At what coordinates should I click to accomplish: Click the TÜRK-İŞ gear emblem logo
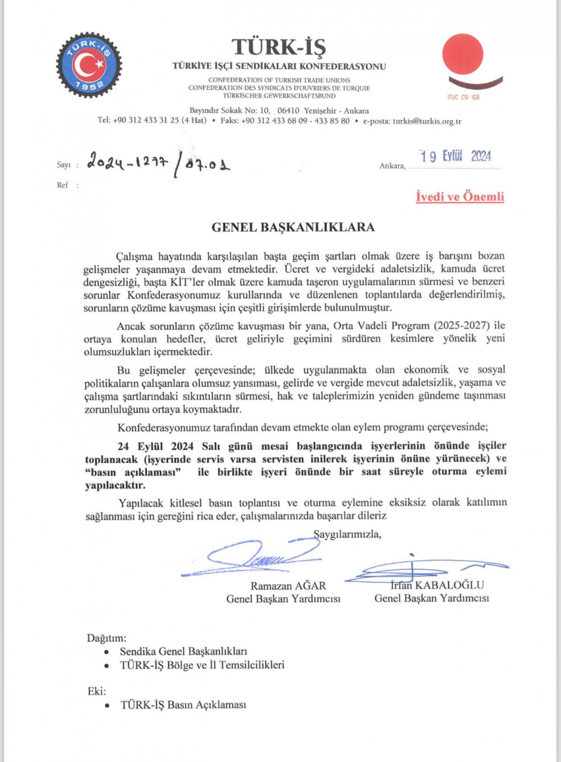pos(89,65)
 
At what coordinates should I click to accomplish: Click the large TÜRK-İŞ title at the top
pos(279,47)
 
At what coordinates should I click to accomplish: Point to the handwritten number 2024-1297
pos(127,163)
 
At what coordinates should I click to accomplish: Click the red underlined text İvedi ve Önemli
pos(459,197)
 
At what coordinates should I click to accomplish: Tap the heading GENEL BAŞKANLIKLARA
pos(293,227)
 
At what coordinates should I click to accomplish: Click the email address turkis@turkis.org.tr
pos(426,121)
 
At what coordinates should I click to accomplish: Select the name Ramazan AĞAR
pos(288,586)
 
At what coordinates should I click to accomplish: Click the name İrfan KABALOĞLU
pos(438,585)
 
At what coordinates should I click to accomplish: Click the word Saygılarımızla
pos(347,534)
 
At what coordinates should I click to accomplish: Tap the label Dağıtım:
pos(107,638)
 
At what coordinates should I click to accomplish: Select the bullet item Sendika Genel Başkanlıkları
pos(183,651)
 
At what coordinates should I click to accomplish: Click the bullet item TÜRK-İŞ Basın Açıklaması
pos(183,705)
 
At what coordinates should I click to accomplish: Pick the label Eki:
pos(96,691)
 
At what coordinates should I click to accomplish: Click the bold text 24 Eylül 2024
pos(155,446)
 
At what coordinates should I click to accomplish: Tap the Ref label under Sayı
pos(62,185)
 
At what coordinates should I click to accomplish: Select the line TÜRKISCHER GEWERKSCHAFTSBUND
pos(279,96)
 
